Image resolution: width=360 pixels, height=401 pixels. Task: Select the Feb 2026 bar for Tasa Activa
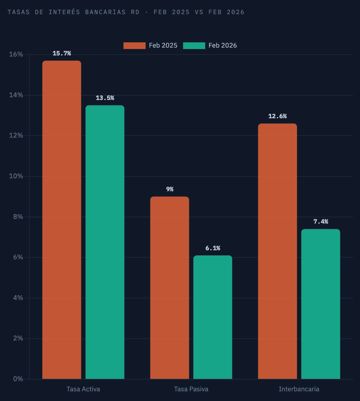coord(105,242)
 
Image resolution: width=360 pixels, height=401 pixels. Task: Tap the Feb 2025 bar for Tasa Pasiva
coord(169,288)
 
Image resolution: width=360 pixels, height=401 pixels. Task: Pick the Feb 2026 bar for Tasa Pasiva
coord(213,317)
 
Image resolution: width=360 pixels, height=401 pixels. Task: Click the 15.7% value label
coord(62,53)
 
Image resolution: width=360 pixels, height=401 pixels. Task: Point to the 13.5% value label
coord(105,98)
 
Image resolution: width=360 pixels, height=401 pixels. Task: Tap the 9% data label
coord(170,189)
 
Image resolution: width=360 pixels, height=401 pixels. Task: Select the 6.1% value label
coord(213,248)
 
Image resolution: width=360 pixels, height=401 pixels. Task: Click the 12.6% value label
coord(277,116)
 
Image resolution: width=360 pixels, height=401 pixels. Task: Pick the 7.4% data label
coord(321,222)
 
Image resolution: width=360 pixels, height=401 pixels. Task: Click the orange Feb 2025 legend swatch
coord(134,46)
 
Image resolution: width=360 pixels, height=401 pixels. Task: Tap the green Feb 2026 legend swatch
coord(194,46)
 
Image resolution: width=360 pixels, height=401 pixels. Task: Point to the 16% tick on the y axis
coord(16,54)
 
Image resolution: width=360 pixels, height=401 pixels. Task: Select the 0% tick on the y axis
coord(18,379)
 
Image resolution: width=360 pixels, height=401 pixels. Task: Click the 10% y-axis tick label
coord(16,176)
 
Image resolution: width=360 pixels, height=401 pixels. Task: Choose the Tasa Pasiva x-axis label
coord(191,389)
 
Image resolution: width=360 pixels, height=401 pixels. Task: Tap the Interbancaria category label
coord(299,389)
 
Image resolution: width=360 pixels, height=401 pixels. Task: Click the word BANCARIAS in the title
coord(105,12)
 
